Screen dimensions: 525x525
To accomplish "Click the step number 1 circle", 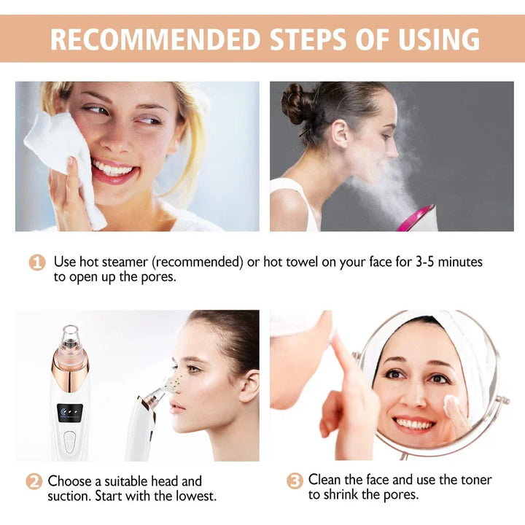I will click(x=37, y=262).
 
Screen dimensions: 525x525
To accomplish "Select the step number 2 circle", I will click(x=34, y=482).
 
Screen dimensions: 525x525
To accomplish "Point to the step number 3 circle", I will click(x=294, y=481).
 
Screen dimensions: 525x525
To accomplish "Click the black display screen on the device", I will click(x=70, y=412).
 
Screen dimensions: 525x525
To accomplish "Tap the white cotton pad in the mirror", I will click(x=451, y=402).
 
